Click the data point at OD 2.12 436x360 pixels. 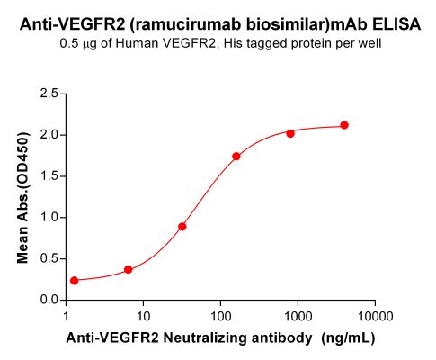point(344,125)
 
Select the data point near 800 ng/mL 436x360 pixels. point(290,133)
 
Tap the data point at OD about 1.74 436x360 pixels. point(236,157)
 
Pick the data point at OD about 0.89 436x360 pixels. point(182,227)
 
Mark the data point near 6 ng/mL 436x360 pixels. point(129,269)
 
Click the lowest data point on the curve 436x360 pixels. point(74,281)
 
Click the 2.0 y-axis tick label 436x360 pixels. point(49,135)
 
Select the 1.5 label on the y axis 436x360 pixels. point(49,176)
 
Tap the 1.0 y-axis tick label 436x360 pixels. point(49,218)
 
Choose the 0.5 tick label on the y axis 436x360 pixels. point(49,259)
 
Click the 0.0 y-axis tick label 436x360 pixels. point(49,300)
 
